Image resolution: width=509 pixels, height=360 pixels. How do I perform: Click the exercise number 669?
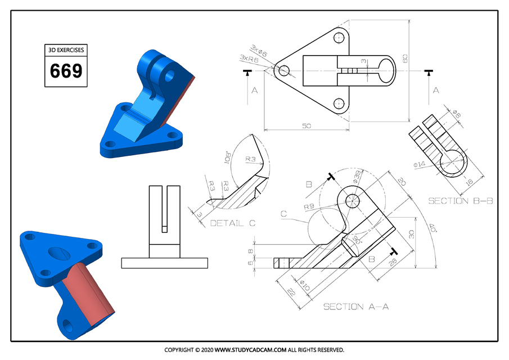pyautogui.click(x=66, y=71)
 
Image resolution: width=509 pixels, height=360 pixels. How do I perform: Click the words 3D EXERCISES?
pyautogui.click(x=66, y=50)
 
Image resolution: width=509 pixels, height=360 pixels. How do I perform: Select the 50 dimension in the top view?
pyautogui.click(x=306, y=126)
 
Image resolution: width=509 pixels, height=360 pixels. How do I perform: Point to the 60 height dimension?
pyautogui.click(x=404, y=59)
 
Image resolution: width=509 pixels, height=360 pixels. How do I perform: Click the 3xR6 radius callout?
pyautogui.click(x=249, y=58)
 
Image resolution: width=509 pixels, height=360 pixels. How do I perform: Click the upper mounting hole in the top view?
pyautogui.click(x=339, y=38)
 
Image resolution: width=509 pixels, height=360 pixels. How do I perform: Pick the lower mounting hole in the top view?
pyautogui.click(x=339, y=103)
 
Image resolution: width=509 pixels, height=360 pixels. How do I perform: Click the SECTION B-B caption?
pyautogui.click(x=460, y=201)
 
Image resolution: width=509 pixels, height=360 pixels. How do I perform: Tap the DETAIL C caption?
pyautogui.click(x=232, y=223)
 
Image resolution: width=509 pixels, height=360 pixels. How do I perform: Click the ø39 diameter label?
pyautogui.click(x=357, y=176)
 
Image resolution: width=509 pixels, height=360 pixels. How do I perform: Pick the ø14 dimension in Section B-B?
pyautogui.click(x=420, y=164)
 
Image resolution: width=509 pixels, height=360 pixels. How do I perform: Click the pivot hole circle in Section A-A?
pyautogui.click(x=353, y=201)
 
